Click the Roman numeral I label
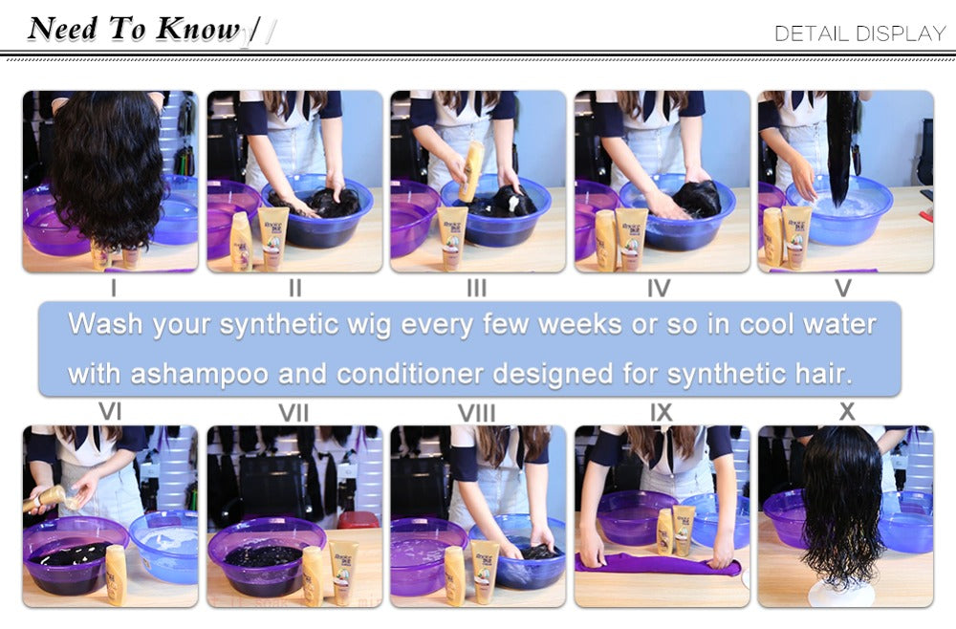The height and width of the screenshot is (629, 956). (114, 288)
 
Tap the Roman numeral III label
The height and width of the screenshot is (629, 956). (477, 288)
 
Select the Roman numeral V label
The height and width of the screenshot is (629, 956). (842, 288)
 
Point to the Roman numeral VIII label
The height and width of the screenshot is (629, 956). (477, 413)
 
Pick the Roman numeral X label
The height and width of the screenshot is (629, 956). (847, 412)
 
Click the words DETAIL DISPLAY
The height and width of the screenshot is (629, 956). (859, 33)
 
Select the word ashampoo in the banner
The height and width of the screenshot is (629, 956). (199, 374)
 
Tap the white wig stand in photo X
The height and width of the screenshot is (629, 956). (846, 593)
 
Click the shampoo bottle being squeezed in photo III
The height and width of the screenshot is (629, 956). (470, 171)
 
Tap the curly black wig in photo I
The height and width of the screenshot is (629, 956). (108, 167)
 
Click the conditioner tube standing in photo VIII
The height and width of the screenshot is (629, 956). (486, 572)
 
